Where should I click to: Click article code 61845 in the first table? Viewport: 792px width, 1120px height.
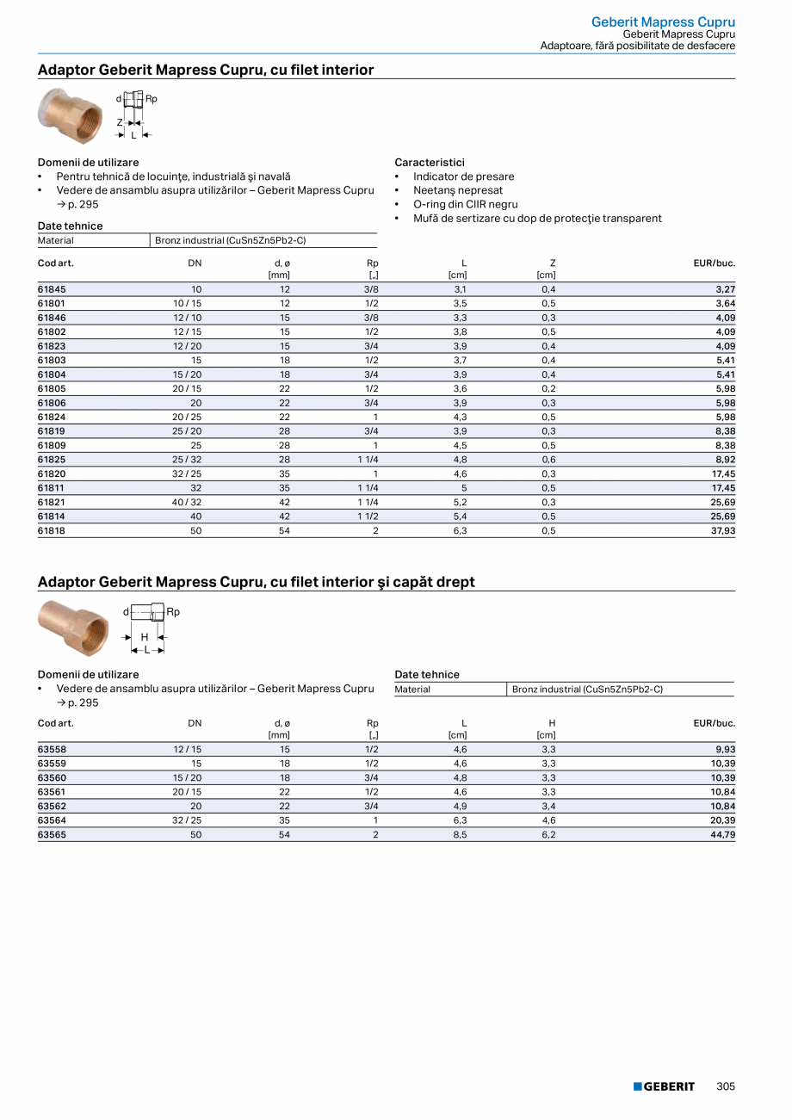click(x=52, y=289)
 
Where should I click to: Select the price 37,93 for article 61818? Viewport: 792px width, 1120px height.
click(x=721, y=531)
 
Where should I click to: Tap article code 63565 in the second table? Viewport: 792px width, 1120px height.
click(x=52, y=834)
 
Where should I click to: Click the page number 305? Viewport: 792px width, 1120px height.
click(x=726, y=1086)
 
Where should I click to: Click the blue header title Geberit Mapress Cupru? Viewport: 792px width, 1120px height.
click(x=663, y=22)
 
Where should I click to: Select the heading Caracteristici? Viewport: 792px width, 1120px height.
click(x=430, y=162)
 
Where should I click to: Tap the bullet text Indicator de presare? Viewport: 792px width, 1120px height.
click(x=463, y=176)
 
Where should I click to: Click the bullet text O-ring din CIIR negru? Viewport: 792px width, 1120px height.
click(x=465, y=204)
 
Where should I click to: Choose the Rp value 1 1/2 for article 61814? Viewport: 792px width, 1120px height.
click(x=368, y=517)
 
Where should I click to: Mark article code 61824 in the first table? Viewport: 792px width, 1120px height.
click(x=52, y=418)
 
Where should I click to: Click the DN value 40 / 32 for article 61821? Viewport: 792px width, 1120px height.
click(x=187, y=503)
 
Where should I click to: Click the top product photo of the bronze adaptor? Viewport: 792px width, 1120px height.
click(x=71, y=114)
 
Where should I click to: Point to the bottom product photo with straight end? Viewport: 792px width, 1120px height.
click(x=74, y=627)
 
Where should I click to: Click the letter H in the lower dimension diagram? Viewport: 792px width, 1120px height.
click(x=145, y=637)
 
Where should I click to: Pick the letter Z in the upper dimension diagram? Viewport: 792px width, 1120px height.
click(x=121, y=123)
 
